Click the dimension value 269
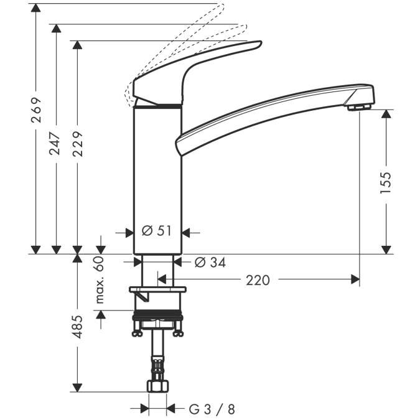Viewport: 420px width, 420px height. (37, 110)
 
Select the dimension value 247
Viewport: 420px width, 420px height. (57, 142)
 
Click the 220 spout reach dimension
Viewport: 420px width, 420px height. (258, 280)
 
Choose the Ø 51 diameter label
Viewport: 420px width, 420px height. (157, 231)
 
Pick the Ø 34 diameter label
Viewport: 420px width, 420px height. (210, 263)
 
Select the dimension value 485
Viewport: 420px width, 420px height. (77, 325)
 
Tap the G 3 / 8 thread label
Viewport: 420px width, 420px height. (212, 409)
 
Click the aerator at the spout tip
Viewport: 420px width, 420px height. (357, 108)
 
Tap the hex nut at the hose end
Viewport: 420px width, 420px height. (157, 386)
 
